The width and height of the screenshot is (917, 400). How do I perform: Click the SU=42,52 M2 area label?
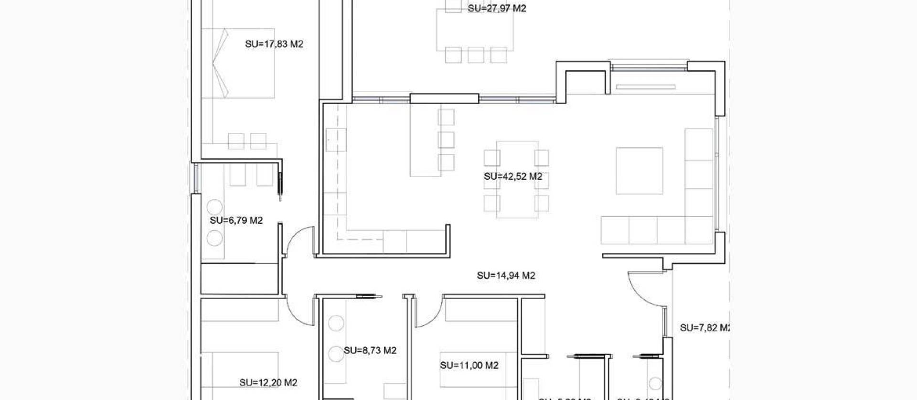513,176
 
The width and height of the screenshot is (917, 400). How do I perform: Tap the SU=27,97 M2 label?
497,8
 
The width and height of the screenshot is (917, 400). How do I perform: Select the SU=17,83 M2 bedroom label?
274,44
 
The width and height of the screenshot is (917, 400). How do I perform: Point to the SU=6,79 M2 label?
236,220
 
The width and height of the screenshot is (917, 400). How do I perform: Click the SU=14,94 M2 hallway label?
506,275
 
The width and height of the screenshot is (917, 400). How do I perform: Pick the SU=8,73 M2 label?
370,350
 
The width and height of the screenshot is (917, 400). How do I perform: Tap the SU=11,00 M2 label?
469,366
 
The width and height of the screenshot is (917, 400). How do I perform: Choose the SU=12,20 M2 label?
268,383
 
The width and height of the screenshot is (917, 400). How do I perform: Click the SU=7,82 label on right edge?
704,328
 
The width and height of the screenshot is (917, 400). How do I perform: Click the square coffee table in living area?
639,171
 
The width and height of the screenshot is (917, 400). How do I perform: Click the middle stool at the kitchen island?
446,140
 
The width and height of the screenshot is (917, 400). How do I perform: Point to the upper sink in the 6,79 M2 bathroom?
214,207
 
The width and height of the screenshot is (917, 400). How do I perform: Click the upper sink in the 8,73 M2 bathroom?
336,323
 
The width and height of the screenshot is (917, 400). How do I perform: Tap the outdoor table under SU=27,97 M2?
475,29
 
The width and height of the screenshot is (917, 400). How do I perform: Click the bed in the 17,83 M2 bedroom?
238,63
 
